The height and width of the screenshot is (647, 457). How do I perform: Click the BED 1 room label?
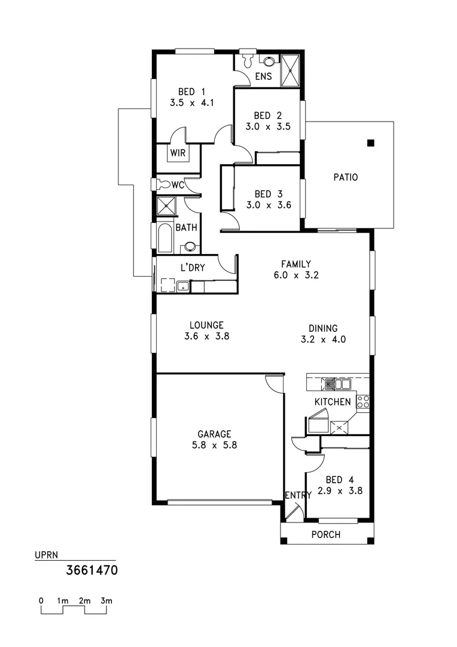coord(191,92)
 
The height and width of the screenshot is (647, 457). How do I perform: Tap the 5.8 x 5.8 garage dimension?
coord(215,445)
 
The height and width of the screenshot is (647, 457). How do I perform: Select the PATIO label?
coord(346,177)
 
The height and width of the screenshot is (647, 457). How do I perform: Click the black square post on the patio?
coord(371,143)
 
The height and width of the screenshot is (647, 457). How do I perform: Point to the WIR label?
coord(178,153)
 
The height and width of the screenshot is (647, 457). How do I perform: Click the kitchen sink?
coord(339,384)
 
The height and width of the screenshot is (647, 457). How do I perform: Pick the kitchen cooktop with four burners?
coord(362,401)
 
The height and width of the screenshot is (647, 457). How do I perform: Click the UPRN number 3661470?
coord(91,570)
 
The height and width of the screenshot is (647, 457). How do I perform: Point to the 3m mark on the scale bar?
coord(106,600)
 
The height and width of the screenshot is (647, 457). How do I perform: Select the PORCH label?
coord(327,534)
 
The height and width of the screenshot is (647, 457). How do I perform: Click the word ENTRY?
coord(298,495)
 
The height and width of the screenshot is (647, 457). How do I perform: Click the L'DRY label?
coord(193,268)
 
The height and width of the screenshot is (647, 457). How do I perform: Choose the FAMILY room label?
coord(296,264)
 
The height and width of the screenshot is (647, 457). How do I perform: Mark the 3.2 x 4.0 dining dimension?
coord(323,339)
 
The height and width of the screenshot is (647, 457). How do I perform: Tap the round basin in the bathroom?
coord(190,246)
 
